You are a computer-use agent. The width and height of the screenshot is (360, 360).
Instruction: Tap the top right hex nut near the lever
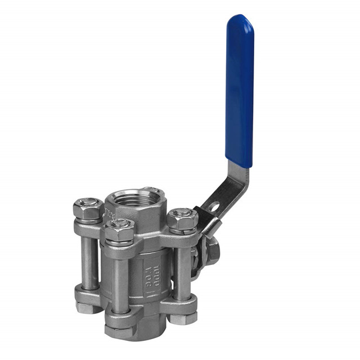click(182, 220)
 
